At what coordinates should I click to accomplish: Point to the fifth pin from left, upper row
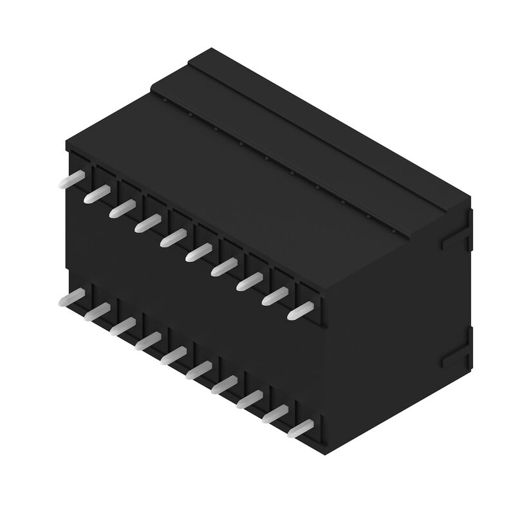pyautogui.click(x=173, y=237)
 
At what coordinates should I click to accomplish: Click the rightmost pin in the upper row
pyautogui.click(x=299, y=311)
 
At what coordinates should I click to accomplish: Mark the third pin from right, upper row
pyautogui.click(x=248, y=281)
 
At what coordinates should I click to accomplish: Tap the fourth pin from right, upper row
pyautogui.click(x=223, y=267)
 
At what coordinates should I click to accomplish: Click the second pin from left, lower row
pyautogui.click(x=97, y=312)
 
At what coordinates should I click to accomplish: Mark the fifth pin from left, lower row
pyautogui.click(x=173, y=356)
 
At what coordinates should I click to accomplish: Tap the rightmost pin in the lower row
pyautogui.click(x=299, y=430)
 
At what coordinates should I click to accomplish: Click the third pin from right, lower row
pyautogui.click(x=248, y=400)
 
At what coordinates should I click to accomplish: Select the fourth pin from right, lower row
pyautogui.click(x=223, y=386)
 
